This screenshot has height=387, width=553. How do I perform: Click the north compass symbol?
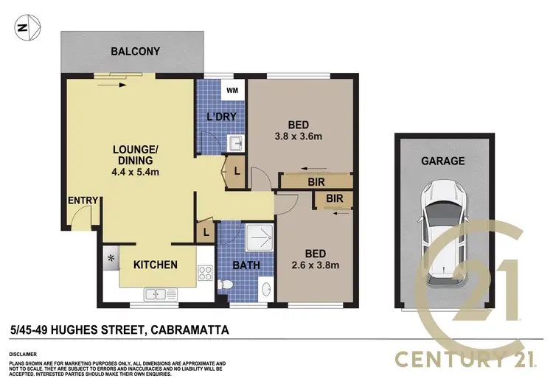(x=23, y=29)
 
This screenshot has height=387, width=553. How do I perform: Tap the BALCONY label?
(x=136, y=52)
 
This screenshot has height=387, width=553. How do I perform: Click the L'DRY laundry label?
(x=220, y=117)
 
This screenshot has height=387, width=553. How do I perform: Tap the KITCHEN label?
(x=155, y=265)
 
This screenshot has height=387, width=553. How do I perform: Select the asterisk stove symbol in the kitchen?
(x=112, y=259)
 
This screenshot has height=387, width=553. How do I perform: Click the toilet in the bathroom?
(x=228, y=284)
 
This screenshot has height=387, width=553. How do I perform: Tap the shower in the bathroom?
(x=258, y=237)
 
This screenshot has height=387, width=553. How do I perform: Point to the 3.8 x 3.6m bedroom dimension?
(x=299, y=136)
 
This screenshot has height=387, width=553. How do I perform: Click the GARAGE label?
(x=442, y=161)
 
